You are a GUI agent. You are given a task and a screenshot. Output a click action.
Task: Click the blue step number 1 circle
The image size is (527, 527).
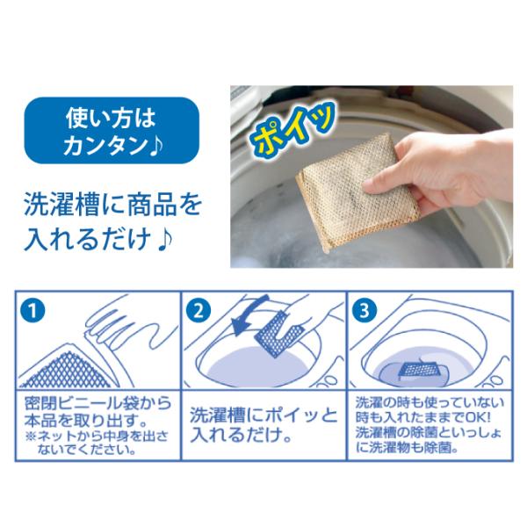tap(32, 312)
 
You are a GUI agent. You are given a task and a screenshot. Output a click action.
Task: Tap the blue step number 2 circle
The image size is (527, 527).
tap(199, 310)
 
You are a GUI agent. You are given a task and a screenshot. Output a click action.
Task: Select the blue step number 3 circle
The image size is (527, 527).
tap(365, 310)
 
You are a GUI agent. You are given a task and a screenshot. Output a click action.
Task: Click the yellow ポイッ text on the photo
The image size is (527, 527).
tap(293, 127)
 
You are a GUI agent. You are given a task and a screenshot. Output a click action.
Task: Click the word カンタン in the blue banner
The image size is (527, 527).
tap(106, 146)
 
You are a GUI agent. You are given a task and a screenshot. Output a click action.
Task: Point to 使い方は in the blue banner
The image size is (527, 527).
tap(111, 118)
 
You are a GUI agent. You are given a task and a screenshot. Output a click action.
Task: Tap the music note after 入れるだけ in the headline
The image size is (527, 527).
tap(164, 238)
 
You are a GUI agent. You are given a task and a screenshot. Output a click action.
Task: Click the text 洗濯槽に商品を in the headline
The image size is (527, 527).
tap(113, 205)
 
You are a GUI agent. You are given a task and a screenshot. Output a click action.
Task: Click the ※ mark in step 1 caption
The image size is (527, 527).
tap(31, 437)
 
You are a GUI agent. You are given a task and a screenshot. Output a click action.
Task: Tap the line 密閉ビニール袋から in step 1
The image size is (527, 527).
tap(97, 403)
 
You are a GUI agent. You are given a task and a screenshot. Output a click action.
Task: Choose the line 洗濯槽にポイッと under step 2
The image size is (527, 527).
tap(263, 415)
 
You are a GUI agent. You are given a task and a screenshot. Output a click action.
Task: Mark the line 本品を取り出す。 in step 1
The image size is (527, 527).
tap(85, 420)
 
